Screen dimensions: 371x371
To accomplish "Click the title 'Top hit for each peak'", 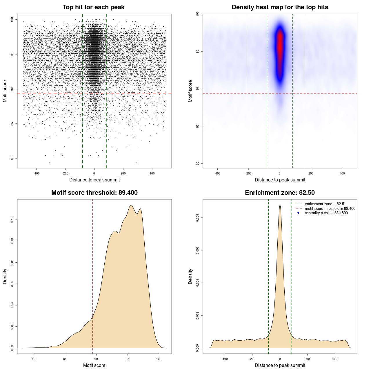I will point(93,7).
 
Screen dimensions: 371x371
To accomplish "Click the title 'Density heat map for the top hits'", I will point(280,7).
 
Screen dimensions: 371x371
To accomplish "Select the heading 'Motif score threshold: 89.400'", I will point(94,193).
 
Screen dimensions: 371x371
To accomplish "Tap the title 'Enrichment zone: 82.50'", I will point(280,193).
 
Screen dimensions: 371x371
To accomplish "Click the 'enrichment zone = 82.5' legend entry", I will point(324,204).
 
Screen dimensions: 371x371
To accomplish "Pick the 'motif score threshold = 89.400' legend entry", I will point(330,208).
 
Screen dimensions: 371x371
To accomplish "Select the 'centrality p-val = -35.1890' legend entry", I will point(326,213).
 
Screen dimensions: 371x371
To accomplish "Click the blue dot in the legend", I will point(298,213).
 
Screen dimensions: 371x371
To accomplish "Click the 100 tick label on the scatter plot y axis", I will point(12,19).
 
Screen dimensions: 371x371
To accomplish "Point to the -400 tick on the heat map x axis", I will point(217,173).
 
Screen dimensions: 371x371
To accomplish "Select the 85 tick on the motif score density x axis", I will point(65,359).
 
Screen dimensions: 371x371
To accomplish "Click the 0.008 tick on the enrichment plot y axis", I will point(198,218).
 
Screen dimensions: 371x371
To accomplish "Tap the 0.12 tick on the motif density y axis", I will point(12,220).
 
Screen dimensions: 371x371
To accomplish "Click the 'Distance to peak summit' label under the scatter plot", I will point(94,180).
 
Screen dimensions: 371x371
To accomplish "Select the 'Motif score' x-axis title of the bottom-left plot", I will point(94,365).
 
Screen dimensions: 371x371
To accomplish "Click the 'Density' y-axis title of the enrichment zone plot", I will point(190,276).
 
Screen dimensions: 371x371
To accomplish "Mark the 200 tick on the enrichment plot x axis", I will point(307,359).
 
